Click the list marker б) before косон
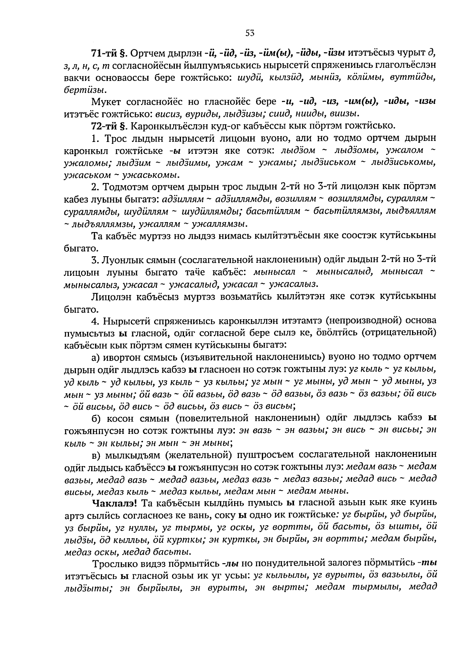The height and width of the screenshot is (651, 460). tap(96, 418)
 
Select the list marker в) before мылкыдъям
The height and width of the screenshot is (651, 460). tap(96, 455)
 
